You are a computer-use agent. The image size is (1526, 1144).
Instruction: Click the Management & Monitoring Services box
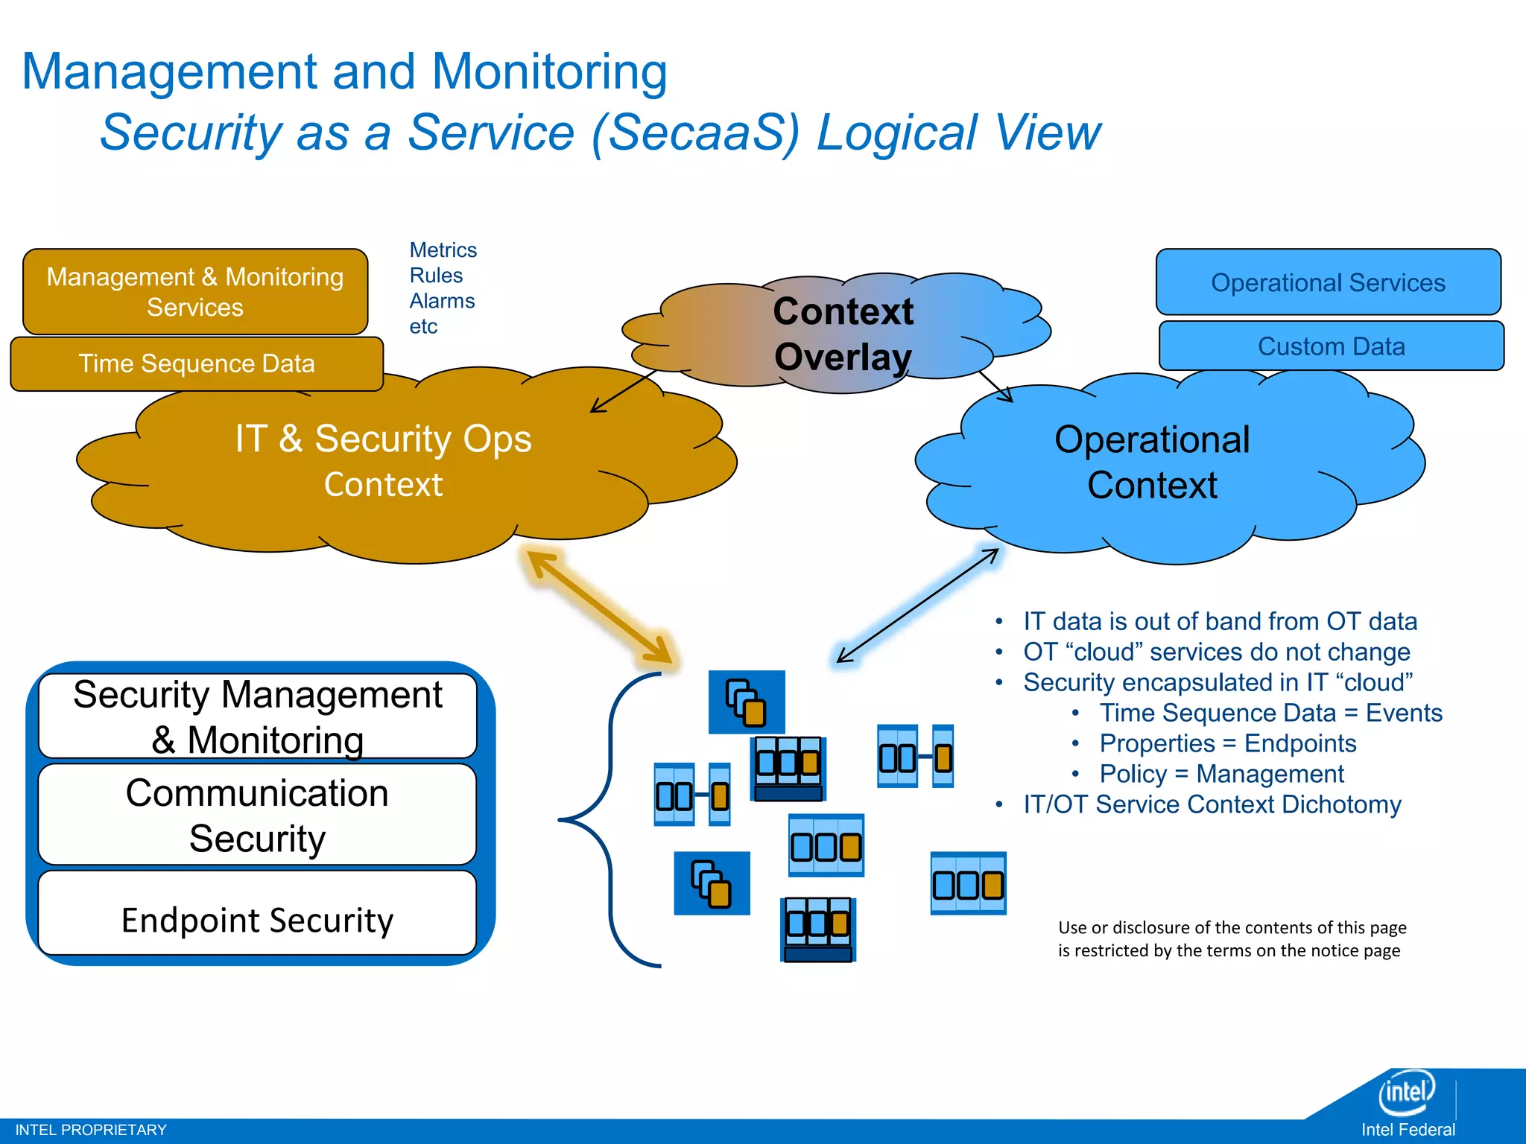195,292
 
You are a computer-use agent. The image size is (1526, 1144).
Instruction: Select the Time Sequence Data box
197,363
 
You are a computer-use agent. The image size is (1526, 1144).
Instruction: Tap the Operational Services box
1328,282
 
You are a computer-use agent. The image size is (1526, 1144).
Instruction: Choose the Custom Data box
1331,346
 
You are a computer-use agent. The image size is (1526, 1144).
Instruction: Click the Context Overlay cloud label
843,334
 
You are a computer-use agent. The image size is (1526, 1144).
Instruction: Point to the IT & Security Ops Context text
383,460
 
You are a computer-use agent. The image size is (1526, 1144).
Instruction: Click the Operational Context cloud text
1152,462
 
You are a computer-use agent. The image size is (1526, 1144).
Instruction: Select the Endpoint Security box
257,920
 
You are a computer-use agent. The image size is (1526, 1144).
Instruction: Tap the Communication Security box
257,815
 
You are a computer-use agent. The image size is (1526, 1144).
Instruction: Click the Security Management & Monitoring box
257,716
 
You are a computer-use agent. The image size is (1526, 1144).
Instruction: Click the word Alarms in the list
442,301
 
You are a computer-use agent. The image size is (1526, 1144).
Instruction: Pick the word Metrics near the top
443,250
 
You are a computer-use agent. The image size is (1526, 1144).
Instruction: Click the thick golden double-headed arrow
599,606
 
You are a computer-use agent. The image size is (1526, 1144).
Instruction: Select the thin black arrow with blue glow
917,606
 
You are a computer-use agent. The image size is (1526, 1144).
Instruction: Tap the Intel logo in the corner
1406,1092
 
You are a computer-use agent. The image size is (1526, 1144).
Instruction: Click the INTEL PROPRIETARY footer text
91,1130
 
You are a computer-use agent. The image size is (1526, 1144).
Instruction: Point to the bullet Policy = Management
1221,774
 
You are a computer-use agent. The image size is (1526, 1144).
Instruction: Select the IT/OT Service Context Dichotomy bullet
1212,804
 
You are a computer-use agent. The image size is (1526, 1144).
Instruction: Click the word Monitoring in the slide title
549,72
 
